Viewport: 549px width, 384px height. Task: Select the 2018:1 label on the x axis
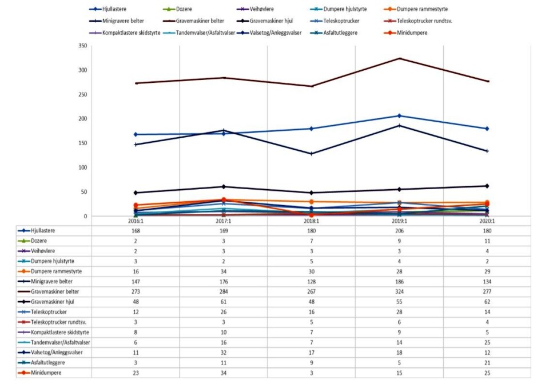[311, 220]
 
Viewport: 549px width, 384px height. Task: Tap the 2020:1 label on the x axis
[487, 220]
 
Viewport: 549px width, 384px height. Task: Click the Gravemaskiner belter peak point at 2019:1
[400, 58]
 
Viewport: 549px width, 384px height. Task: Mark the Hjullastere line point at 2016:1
[136, 134]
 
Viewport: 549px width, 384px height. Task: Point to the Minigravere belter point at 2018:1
[312, 154]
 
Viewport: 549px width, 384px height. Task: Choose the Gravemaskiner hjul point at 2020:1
[487, 186]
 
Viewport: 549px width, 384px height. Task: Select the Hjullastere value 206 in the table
[399, 231]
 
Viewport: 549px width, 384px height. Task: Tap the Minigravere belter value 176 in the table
[224, 282]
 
